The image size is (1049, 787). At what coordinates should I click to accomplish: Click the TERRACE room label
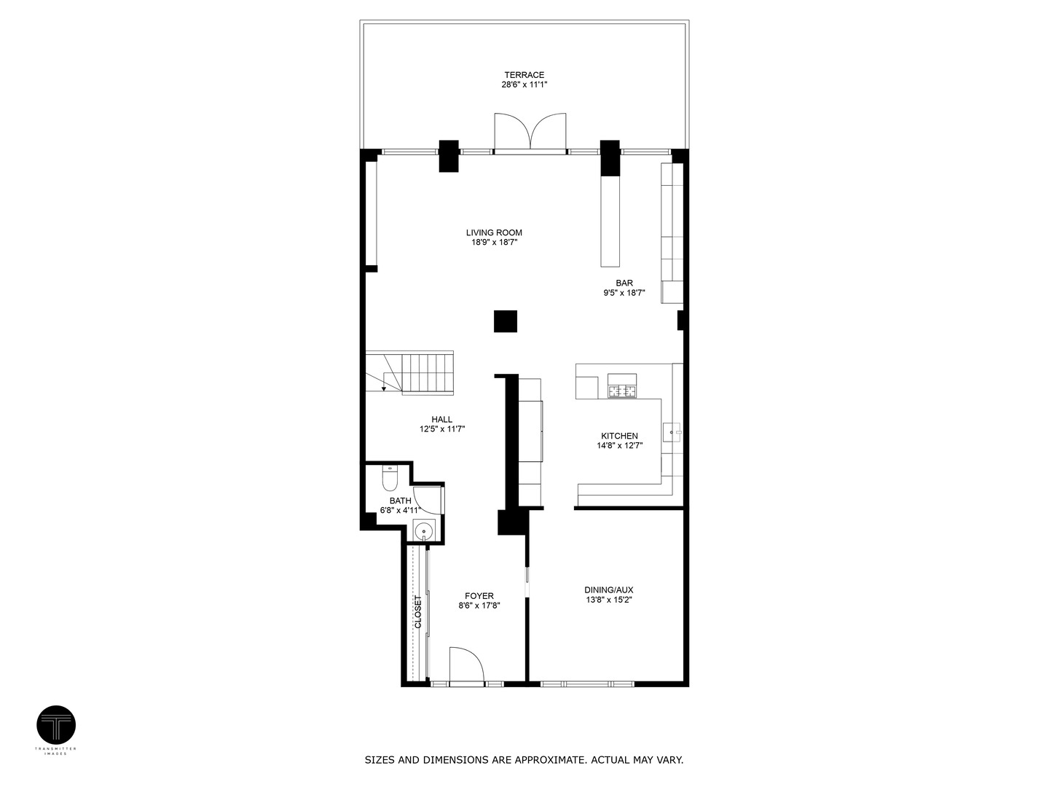click(524, 75)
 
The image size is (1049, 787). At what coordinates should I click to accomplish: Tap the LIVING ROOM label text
click(494, 233)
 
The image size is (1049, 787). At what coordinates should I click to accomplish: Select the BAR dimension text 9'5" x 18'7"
click(624, 293)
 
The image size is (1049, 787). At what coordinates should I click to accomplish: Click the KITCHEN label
click(619, 436)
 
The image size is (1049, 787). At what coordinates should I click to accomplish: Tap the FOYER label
click(479, 596)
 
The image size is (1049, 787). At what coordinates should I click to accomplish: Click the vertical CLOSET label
click(418, 612)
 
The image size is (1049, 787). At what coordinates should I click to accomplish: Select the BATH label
click(400, 501)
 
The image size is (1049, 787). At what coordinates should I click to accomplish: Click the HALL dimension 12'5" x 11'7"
click(442, 429)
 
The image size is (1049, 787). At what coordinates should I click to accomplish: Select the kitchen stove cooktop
click(622, 391)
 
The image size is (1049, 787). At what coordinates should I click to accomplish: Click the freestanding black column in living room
click(506, 321)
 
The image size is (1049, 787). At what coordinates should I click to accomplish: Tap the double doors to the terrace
click(530, 133)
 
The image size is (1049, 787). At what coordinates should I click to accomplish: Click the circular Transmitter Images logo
click(56, 725)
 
